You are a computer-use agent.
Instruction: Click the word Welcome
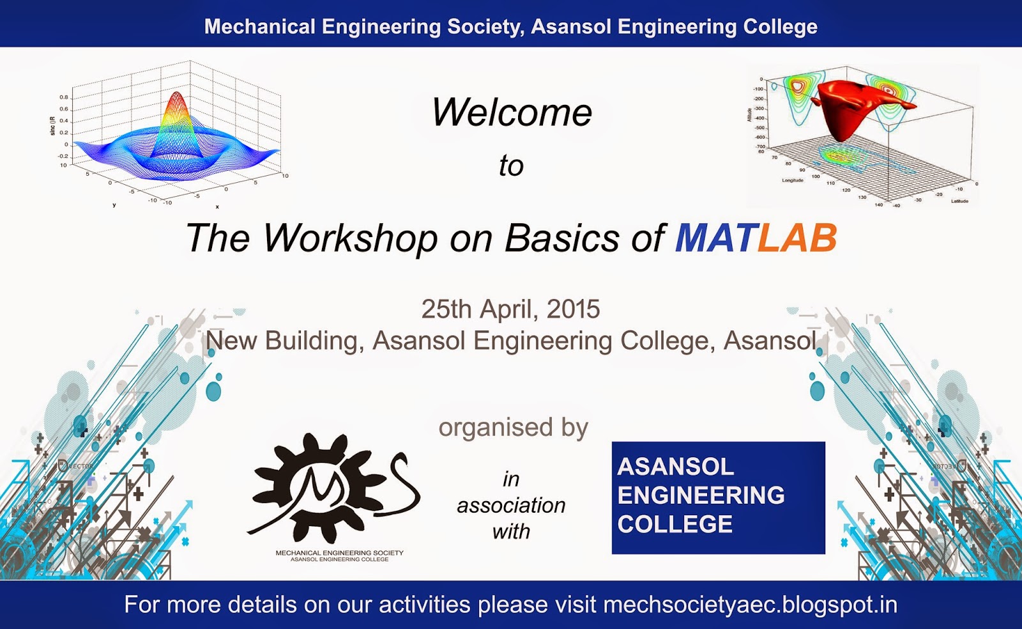click(x=512, y=113)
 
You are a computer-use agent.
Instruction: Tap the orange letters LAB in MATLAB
click(x=797, y=238)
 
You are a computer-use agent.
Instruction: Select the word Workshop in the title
click(x=350, y=238)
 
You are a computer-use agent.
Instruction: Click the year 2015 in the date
click(x=573, y=309)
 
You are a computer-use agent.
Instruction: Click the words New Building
click(x=282, y=341)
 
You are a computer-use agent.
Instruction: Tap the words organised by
click(x=513, y=428)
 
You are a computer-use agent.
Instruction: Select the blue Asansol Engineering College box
click(x=718, y=497)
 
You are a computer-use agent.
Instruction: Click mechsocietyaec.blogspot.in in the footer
click(x=750, y=605)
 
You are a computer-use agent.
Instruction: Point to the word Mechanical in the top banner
click(x=259, y=27)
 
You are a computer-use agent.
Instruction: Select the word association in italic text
click(x=511, y=506)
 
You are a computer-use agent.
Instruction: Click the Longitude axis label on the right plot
click(x=793, y=180)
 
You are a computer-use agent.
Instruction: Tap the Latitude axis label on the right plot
click(x=959, y=201)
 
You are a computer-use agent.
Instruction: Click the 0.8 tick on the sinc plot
click(x=64, y=97)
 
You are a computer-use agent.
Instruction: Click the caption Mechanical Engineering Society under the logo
click(x=339, y=553)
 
